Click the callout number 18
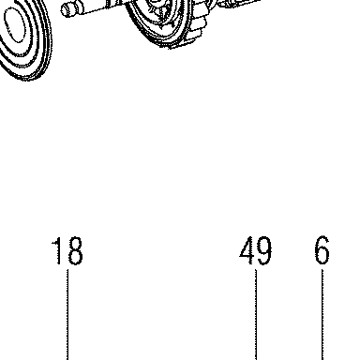pyautogui.click(x=67, y=250)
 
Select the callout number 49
pyautogui.click(x=255, y=250)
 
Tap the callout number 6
pyautogui.click(x=322, y=250)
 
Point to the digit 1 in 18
pyautogui.click(x=57, y=250)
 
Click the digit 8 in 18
pyautogui.click(x=75, y=250)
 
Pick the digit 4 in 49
pyautogui.click(x=247, y=250)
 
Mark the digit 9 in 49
pyautogui.click(x=264, y=250)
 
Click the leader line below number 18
pyautogui.click(x=67, y=315)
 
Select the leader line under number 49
pyautogui.click(x=256, y=315)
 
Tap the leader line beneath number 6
pyautogui.click(x=322, y=315)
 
